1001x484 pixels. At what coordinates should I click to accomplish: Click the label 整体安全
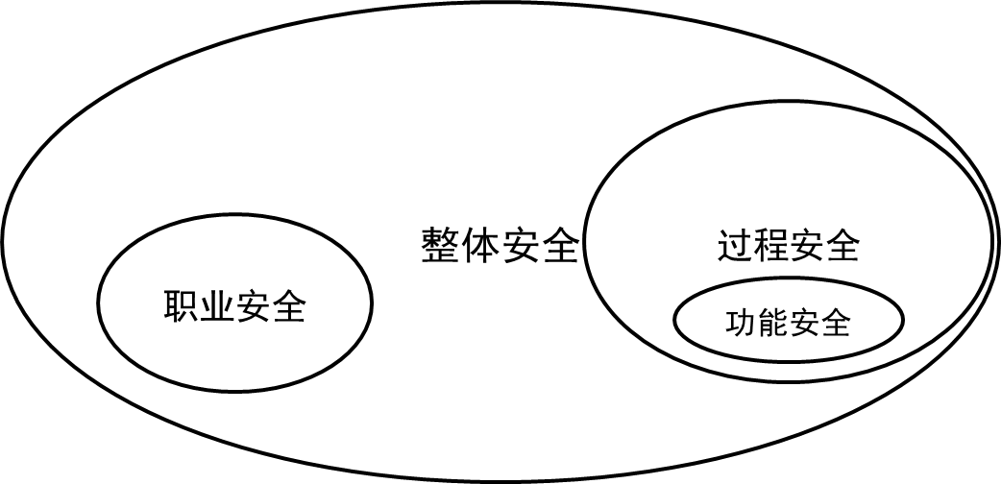pos(500,247)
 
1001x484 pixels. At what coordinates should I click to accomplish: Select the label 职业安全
pos(235,307)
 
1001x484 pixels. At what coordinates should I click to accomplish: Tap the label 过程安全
pos(788,247)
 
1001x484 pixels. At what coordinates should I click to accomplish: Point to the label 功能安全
pos(789,323)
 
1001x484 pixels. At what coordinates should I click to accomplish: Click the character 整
pos(440,247)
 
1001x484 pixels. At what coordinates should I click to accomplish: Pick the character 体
pos(480,247)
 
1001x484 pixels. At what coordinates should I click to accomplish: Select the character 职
pos(183,307)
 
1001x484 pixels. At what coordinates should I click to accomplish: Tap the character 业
pos(218,307)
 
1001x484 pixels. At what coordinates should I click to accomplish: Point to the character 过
pos(735,247)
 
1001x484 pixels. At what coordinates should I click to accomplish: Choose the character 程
pos(770,247)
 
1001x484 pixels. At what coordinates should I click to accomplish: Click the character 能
pos(773,323)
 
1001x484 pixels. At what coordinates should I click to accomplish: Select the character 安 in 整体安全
pos(520,247)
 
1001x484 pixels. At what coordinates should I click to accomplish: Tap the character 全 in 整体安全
pos(559,247)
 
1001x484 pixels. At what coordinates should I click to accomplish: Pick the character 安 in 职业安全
pos(254,307)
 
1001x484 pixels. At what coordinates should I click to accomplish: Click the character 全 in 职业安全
pos(288,307)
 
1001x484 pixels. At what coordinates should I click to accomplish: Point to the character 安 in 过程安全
pos(806,247)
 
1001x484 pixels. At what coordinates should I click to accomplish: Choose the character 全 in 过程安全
pos(842,247)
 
